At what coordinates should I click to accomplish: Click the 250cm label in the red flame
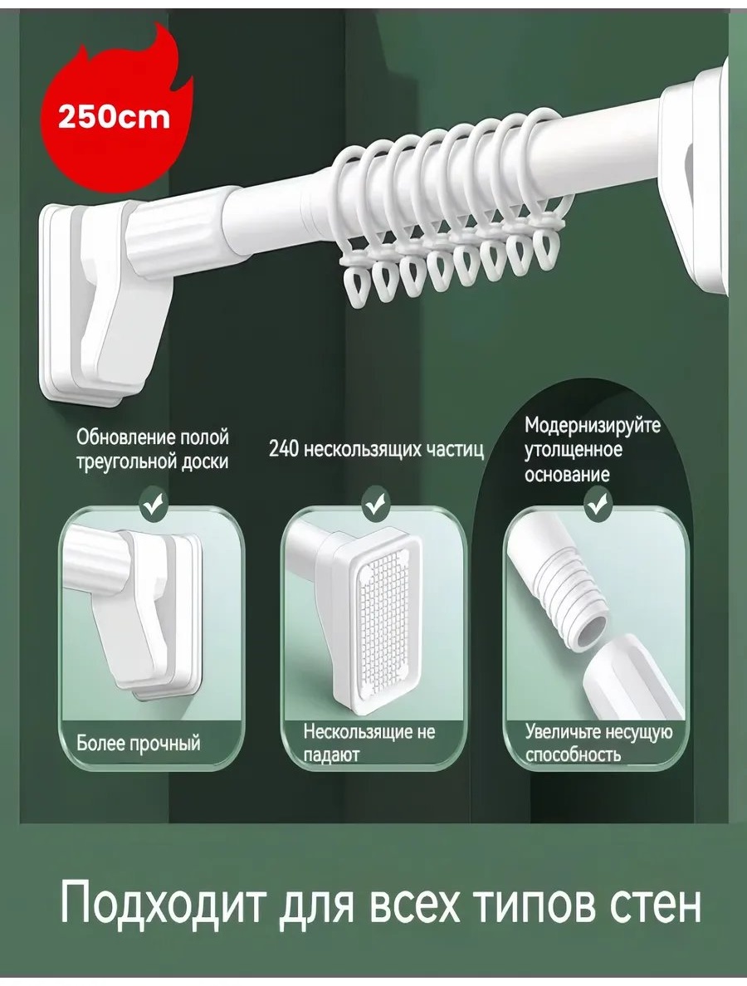click(114, 117)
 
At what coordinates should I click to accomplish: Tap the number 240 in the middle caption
click(285, 450)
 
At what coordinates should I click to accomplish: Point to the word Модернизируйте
click(593, 426)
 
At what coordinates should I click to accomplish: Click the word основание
click(567, 474)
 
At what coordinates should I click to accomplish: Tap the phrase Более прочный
click(139, 743)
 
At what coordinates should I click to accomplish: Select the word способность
click(573, 754)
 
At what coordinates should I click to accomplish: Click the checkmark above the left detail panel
click(153, 503)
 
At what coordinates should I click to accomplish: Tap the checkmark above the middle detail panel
click(375, 504)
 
